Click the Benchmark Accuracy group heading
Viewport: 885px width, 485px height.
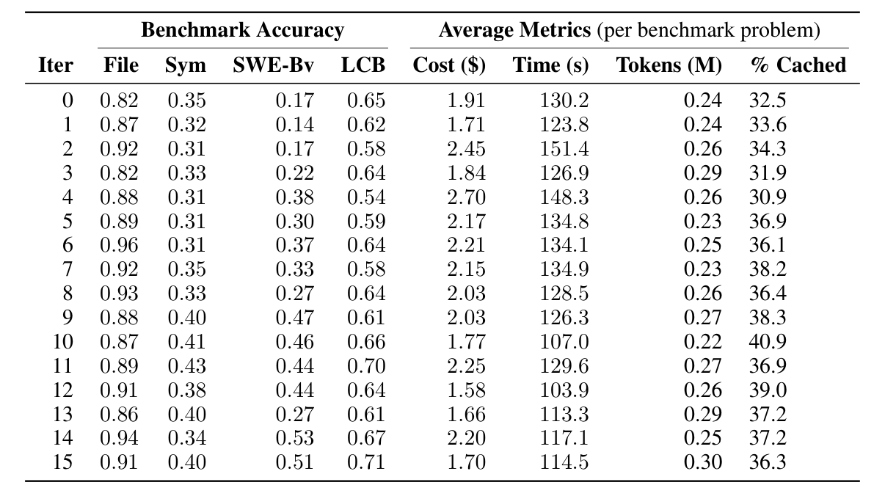coord(242,31)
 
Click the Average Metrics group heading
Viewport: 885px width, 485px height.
coord(629,31)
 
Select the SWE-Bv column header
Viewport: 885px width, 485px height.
coord(273,65)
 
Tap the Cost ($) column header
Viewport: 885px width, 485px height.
coord(449,65)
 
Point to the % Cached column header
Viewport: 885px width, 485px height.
coord(798,65)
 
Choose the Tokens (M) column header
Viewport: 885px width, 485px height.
coord(669,65)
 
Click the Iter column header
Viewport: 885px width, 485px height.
coord(56,65)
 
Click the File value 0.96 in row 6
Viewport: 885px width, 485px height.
coord(119,245)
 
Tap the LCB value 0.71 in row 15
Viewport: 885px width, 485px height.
coord(365,463)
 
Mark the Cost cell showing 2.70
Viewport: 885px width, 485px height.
coord(467,197)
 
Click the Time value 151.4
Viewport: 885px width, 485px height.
coord(564,149)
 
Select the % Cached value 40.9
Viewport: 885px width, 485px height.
coord(767,342)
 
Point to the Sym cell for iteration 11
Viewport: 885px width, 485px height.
coord(186,366)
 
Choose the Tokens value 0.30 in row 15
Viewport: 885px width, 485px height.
coord(702,463)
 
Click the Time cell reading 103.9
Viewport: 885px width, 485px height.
coord(564,390)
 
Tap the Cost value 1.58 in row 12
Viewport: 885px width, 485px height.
coord(467,390)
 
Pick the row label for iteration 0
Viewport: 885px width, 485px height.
coord(68,101)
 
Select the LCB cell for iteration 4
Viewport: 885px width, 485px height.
coord(365,197)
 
